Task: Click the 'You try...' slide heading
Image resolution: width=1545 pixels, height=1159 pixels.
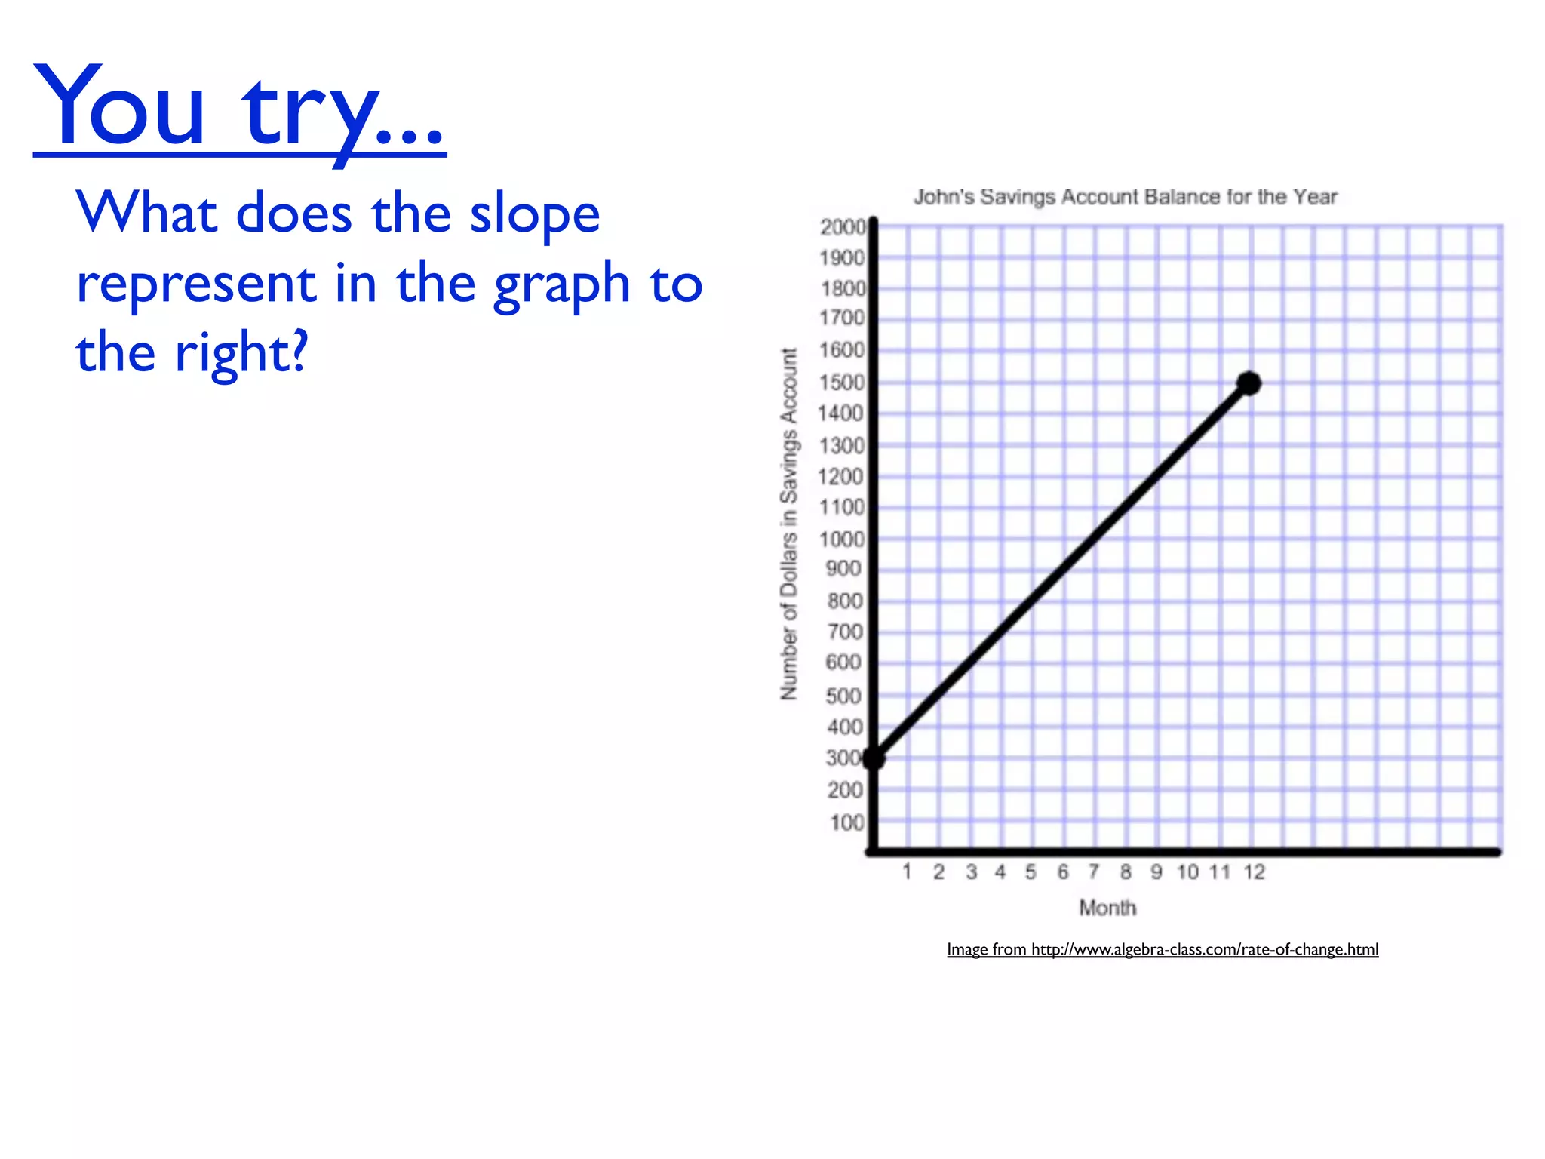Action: point(240,109)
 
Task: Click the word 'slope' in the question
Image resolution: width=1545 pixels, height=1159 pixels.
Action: point(534,214)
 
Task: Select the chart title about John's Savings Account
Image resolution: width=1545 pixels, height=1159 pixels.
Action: point(1125,198)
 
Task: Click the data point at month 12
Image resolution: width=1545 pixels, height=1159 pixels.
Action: point(1249,383)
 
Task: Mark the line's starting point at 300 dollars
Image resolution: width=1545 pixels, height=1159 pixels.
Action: point(874,758)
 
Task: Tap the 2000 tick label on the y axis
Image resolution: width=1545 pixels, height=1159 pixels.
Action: point(843,227)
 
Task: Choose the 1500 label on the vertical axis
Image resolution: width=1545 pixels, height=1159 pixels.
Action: point(842,383)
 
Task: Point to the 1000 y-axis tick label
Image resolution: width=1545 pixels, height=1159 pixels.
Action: point(842,540)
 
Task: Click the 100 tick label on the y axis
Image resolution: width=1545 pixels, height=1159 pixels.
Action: point(846,822)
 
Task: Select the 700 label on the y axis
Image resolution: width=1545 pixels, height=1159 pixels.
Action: point(844,632)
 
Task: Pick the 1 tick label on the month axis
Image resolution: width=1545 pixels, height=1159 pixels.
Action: point(907,872)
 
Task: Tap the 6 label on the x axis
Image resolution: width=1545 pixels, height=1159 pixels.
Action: point(1063,872)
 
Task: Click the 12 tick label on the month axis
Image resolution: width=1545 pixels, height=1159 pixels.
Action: point(1254,872)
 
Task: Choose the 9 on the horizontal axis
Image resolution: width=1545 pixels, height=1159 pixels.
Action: point(1156,872)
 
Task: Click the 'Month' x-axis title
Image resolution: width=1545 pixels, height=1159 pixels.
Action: point(1107,908)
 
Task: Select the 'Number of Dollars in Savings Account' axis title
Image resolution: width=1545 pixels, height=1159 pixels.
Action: point(789,524)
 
